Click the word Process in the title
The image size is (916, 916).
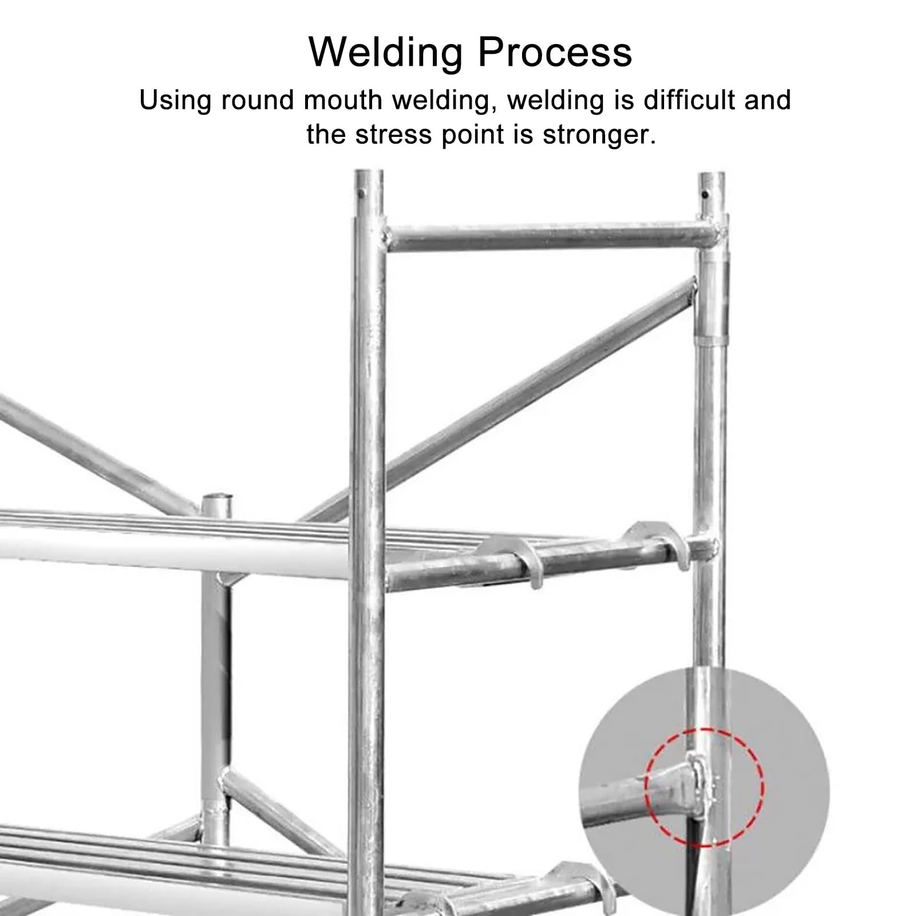point(555,52)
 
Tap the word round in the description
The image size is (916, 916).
point(260,101)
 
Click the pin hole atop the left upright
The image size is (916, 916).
point(362,194)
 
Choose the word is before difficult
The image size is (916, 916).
point(626,100)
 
